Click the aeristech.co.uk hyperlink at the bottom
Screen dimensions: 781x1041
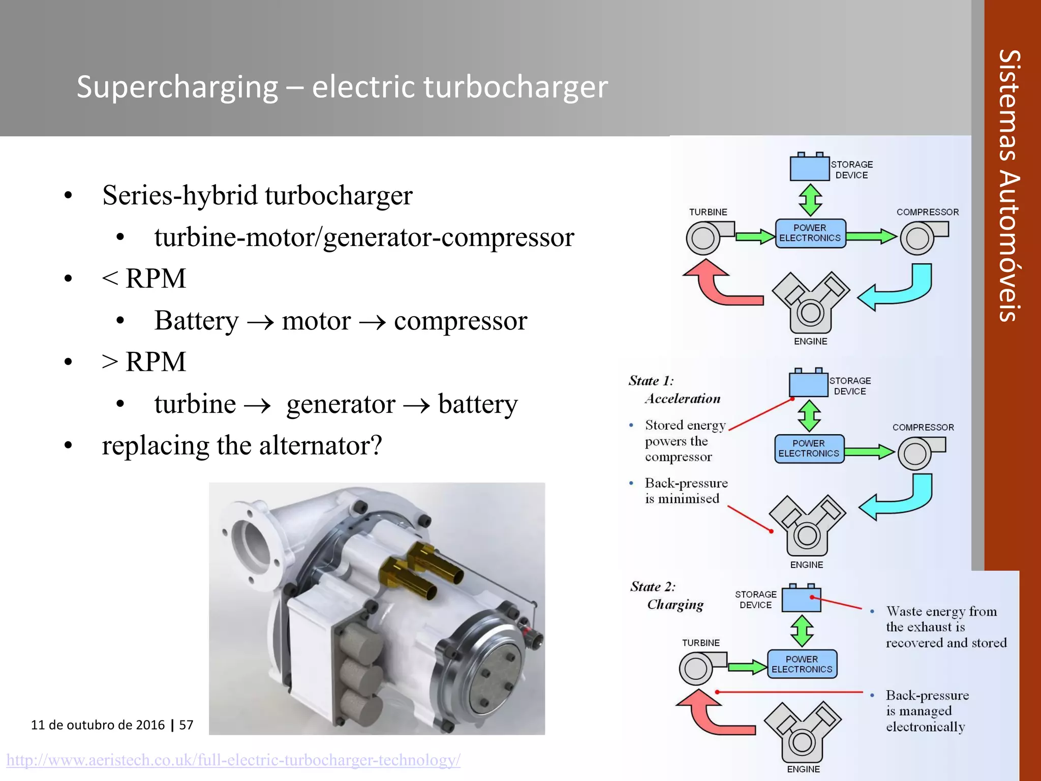[x=233, y=760]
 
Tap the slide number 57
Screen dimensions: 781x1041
[x=186, y=725]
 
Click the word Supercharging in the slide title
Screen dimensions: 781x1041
[x=177, y=87]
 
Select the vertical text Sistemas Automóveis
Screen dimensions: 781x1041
[x=1009, y=186]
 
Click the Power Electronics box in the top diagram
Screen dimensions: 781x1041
[x=810, y=233]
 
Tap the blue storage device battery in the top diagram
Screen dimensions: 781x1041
[x=809, y=168]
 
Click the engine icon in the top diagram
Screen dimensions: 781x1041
[x=810, y=303]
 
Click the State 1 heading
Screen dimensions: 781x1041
[x=651, y=381]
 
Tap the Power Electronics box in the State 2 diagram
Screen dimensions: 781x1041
[x=802, y=664]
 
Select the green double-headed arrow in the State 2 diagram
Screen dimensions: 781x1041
[x=802, y=631]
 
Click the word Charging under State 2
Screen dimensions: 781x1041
[x=675, y=605]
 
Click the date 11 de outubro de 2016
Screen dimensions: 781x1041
[x=98, y=725]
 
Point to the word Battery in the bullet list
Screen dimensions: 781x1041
[x=196, y=321]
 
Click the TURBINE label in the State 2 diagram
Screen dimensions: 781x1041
[x=700, y=643]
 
